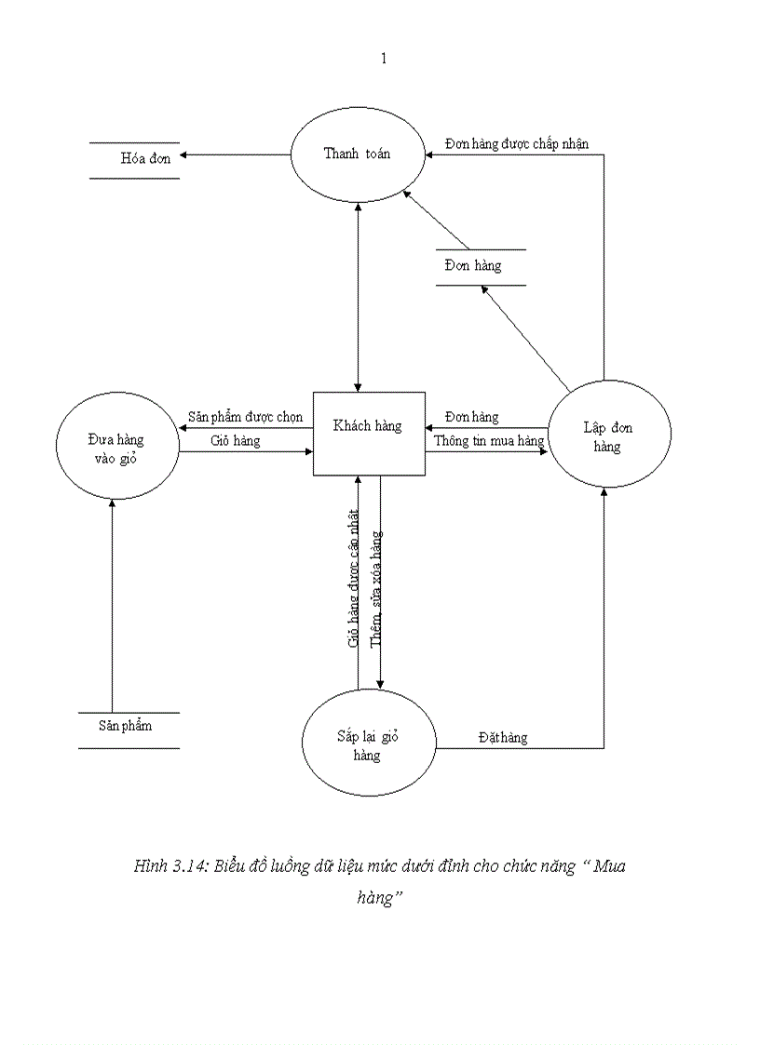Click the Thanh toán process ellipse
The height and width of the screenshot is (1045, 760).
[x=358, y=154]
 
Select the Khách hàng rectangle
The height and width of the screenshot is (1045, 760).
[x=368, y=433]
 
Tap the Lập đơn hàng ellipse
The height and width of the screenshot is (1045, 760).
[x=608, y=435]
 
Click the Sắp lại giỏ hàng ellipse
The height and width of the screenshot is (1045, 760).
[x=368, y=744]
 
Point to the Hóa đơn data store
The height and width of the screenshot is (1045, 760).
[x=145, y=159]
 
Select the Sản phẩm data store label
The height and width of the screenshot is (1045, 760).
[x=126, y=725]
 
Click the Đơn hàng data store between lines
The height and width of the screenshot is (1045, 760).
[x=473, y=266]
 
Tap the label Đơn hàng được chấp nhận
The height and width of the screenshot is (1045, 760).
[x=516, y=143]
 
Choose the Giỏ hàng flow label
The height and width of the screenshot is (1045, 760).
[x=235, y=440]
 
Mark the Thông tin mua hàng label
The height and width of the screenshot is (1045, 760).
[x=488, y=441]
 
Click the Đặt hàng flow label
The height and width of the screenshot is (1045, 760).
[x=503, y=737]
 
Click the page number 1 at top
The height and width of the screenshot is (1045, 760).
[x=383, y=59]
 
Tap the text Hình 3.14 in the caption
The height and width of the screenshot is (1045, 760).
[x=170, y=866]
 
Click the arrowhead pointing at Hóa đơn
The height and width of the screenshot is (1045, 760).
[x=186, y=154]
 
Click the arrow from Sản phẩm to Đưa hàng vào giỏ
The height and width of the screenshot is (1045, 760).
[x=112, y=605]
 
